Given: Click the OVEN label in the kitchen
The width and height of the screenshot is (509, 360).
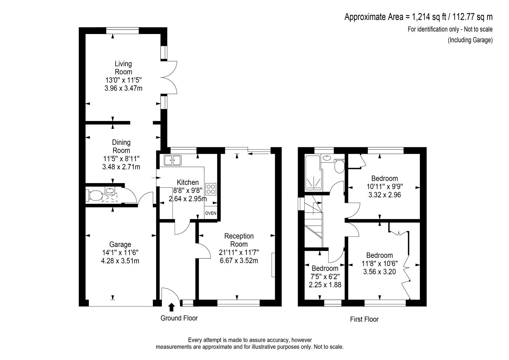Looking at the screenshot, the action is click(211, 213).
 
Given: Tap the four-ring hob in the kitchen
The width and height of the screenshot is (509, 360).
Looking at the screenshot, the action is click(211, 189).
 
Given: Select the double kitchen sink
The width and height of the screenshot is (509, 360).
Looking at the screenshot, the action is click(173, 160).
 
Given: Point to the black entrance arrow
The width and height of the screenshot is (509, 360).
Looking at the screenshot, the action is click(171, 307).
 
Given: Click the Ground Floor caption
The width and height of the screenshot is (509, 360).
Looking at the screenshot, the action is click(179, 318).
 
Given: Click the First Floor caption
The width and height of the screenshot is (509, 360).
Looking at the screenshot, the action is click(364, 319).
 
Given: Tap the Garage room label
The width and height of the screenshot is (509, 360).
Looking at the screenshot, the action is click(120, 244).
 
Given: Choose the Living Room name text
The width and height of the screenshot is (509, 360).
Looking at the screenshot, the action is click(123, 68).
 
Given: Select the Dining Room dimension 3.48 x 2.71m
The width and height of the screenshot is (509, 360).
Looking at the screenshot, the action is click(121, 167).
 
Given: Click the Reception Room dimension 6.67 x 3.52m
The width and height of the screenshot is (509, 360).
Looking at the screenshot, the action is click(239, 260).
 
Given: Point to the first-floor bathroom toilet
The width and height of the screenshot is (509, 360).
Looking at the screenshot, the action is click(339, 166).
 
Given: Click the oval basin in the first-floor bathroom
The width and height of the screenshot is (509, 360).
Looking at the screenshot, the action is click(327, 158).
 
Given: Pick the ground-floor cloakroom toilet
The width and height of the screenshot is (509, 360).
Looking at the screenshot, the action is click(94, 195).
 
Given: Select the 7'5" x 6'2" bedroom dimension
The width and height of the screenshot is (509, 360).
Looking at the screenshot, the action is click(325, 277).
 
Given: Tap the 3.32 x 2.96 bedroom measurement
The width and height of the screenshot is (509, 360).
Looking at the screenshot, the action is click(385, 195).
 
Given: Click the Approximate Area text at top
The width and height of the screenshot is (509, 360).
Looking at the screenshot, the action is click(419, 17).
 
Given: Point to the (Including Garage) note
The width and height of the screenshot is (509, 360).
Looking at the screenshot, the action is click(470, 40).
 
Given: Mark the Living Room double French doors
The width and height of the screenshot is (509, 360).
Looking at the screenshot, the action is click(169, 77).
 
